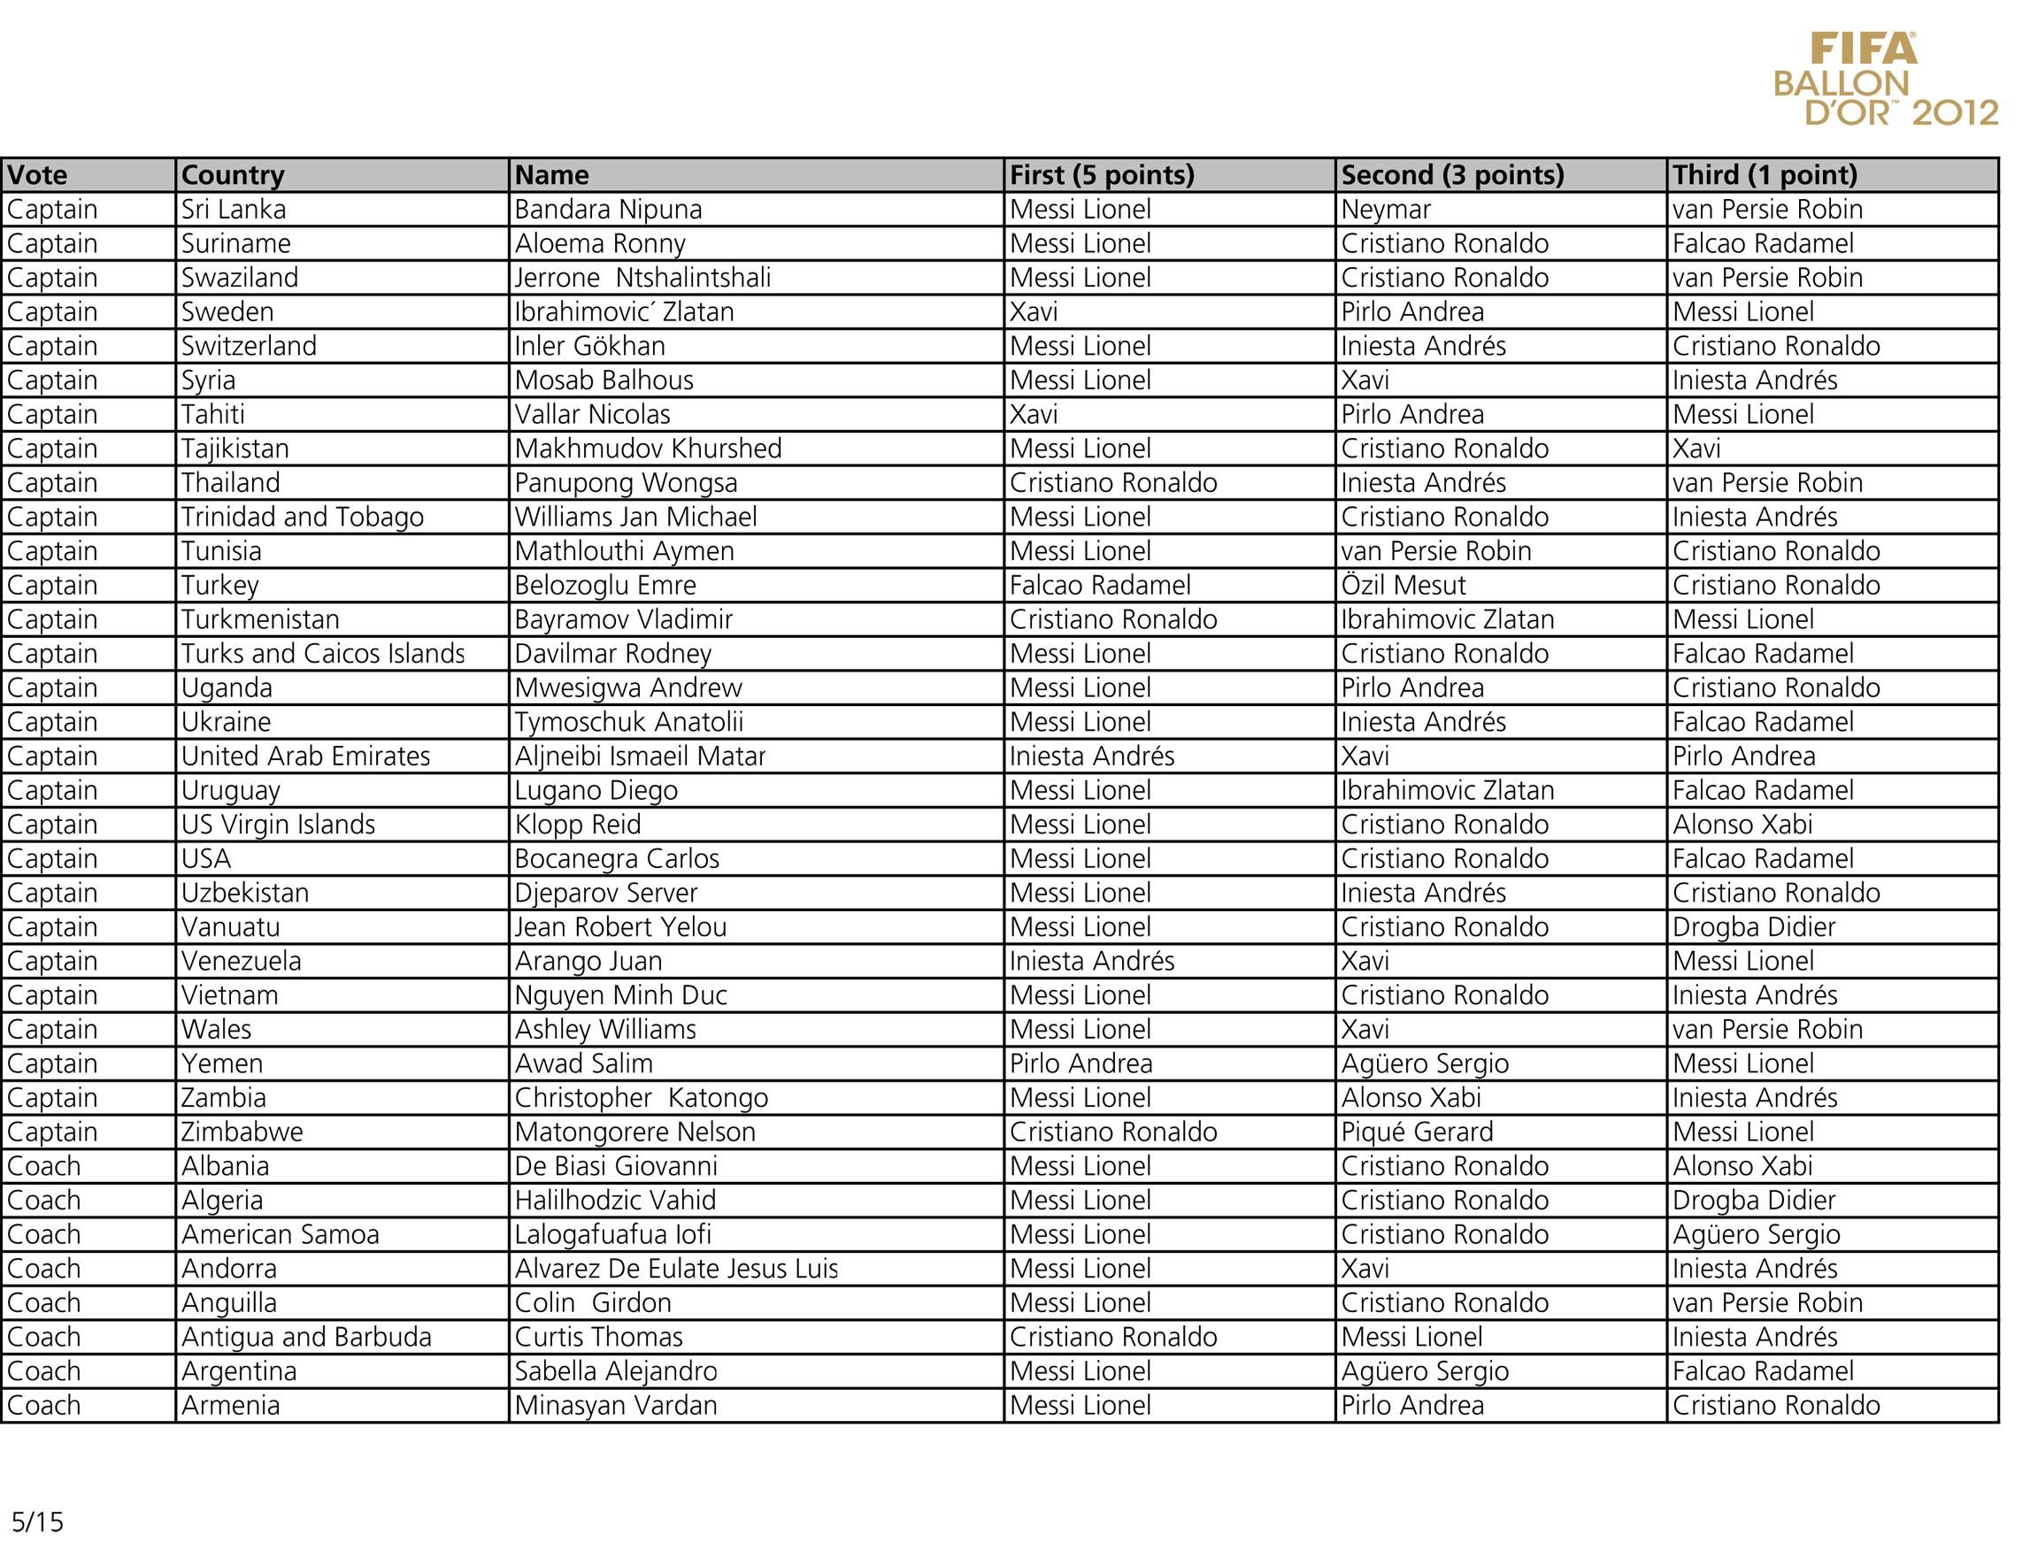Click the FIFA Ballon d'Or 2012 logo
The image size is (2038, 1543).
(x=1885, y=80)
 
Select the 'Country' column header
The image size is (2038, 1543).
(x=233, y=175)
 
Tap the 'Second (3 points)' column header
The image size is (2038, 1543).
(x=1452, y=175)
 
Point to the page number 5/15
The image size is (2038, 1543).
(x=38, y=1521)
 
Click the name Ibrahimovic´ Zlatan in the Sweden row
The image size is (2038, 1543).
(x=624, y=312)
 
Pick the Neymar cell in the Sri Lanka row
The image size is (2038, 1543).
(x=1386, y=210)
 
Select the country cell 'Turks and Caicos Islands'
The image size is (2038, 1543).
(x=322, y=654)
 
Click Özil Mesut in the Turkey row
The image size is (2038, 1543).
(x=1403, y=586)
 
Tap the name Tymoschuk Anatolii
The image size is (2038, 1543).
(x=628, y=722)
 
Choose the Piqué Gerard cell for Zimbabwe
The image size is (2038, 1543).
(x=1417, y=1132)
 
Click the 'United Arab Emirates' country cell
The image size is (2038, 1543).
(x=305, y=756)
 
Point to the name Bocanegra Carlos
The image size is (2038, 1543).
(x=617, y=858)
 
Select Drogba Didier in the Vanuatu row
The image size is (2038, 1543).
(x=1753, y=926)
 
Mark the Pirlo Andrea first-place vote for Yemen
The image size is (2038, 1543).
(x=1081, y=1064)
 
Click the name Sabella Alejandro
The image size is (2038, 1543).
(x=615, y=1371)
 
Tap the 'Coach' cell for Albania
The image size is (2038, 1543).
(x=43, y=1166)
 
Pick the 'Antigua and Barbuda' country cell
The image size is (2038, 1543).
(x=306, y=1338)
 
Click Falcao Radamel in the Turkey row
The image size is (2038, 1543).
(x=1100, y=586)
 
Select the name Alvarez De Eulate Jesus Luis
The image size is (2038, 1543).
(x=676, y=1270)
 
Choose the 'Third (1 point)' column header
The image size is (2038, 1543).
(x=1765, y=175)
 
